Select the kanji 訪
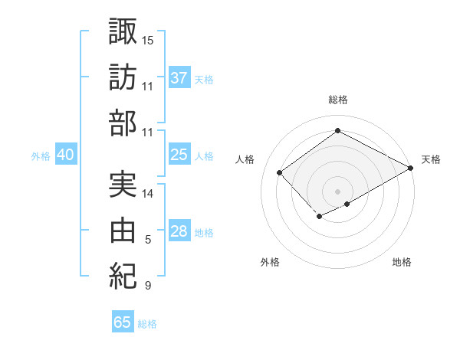point(123,77)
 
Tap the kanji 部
point(123,123)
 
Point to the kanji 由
point(123,230)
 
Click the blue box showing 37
point(179,78)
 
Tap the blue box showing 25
point(179,155)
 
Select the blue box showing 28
point(179,232)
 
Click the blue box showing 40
point(65,155)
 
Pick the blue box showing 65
point(123,322)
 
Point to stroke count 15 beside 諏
point(148,39)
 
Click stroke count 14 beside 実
point(148,193)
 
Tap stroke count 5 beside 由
point(148,240)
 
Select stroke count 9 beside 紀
point(148,286)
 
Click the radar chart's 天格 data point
point(412,169)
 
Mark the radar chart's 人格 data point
point(280,172)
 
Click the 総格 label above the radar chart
point(337,100)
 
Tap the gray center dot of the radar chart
point(337,190)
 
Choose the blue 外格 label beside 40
point(41,156)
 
